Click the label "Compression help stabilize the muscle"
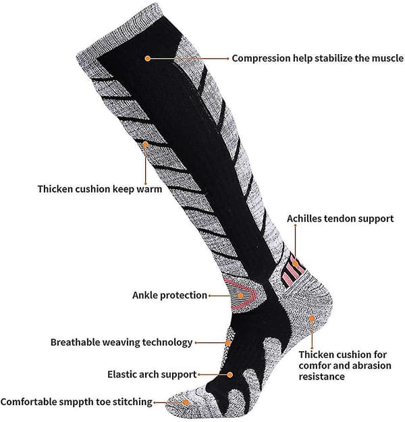click(x=317, y=58)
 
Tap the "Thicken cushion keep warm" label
click(x=100, y=189)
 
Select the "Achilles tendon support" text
click(x=340, y=219)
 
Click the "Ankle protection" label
click(x=169, y=295)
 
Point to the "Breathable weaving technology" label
click(x=122, y=342)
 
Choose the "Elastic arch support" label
click(x=152, y=374)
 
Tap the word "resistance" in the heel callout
click(x=321, y=376)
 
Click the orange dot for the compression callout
click(x=147, y=58)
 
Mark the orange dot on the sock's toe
click(x=186, y=402)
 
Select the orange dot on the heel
click(x=312, y=319)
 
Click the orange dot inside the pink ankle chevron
click(x=240, y=296)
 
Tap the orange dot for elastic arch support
click(x=230, y=375)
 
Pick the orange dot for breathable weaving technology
click(x=228, y=343)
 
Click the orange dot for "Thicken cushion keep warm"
click(x=145, y=144)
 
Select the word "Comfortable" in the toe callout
click(x=29, y=402)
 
